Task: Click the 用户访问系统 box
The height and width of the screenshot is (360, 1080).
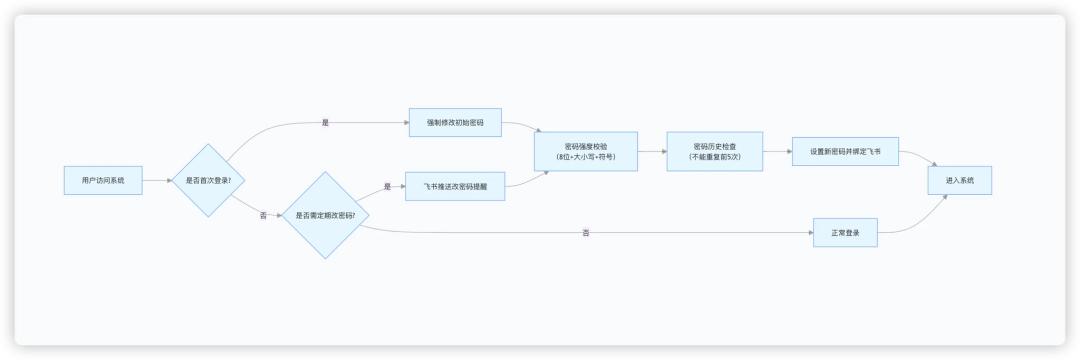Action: pos(103,181)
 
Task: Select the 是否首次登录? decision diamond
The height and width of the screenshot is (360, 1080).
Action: pos(208,181)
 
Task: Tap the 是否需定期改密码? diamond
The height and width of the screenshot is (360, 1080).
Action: pos(325,215)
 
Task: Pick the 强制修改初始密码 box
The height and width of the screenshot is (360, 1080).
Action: pos(455,123)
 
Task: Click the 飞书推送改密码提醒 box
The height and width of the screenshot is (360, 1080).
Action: pos(455,186)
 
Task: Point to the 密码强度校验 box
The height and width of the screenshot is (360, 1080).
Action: pos(585,151)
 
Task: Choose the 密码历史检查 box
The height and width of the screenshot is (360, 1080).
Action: pos(715,151)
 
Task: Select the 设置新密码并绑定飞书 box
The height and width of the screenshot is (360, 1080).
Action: pos(845,151)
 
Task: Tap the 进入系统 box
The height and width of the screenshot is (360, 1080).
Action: pos(959,180)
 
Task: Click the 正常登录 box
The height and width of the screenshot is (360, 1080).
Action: pos(845,233)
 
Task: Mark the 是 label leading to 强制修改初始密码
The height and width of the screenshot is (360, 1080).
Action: pos(325,123)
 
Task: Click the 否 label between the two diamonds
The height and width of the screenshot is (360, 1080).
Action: pos(263,215)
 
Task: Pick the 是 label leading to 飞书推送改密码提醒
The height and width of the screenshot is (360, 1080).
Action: pos(387,186)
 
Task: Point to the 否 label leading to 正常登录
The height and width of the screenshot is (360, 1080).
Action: pos(586,233)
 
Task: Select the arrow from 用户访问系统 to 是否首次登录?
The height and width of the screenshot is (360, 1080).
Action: pos(157,181)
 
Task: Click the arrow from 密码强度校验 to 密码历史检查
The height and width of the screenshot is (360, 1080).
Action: pos(652,151)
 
